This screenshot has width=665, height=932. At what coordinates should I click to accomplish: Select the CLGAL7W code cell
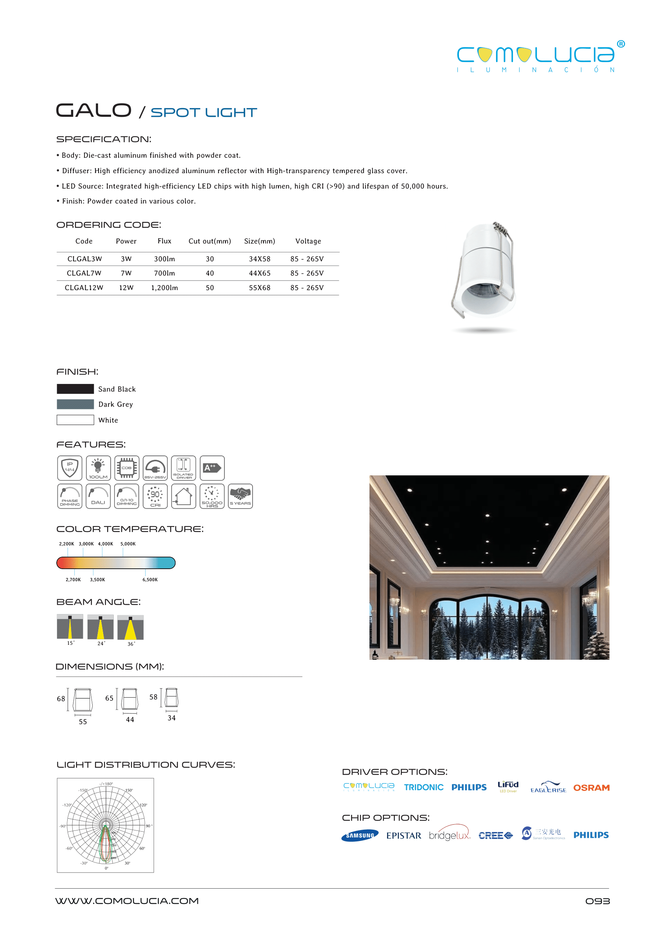pyautogui.click(x=84, y=273)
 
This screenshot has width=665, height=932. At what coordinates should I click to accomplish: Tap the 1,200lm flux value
pyautogui.click(x=165, y=288)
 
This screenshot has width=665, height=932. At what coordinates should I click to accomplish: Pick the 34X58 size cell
pyautogui.click(x=260, y=259)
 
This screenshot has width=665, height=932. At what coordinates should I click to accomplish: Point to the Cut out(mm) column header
pyautogui.click(x=210, y=241)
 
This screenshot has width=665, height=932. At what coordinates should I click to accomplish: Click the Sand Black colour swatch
pyautogui.click(x=75, y=389)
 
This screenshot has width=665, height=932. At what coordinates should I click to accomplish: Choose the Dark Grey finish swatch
pyautogui.click(x=75, y=404)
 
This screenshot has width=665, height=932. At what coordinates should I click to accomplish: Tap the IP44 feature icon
pyautogui.click(x=70, y=468)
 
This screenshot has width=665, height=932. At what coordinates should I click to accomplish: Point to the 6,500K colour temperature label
pyautogui.click(x=150, y=580)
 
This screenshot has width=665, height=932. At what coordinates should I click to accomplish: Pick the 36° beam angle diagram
pyautogui.click(x=130, y=628)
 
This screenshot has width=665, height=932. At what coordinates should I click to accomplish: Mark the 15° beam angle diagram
pyautogui.click(x=70, y=627)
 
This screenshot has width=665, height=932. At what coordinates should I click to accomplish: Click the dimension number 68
pyautogui.click(x=61, y=699)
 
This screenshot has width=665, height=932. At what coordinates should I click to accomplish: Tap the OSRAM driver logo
pyautogui.click(x=591, y=787)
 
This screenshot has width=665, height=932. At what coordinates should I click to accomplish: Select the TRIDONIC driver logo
pyautogui.click(x=423, y=787)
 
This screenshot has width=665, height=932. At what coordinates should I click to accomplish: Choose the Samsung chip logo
pyautogui.click(x=360, y=836)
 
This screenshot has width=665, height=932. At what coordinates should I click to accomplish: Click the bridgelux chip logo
pyautogui.click(x=450, y=835)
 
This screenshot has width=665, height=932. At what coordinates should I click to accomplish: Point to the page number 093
pyautogui.click(x=597, y=901)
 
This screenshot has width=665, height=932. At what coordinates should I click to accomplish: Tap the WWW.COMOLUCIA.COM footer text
pyautogui.click(x=127, y=901)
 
